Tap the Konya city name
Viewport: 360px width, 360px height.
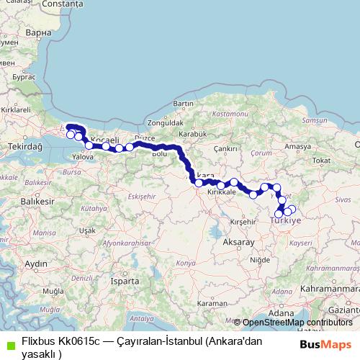pos(185,264)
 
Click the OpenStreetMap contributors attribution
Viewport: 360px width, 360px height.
pos(297,323)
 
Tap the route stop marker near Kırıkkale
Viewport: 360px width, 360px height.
pos(220,185)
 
